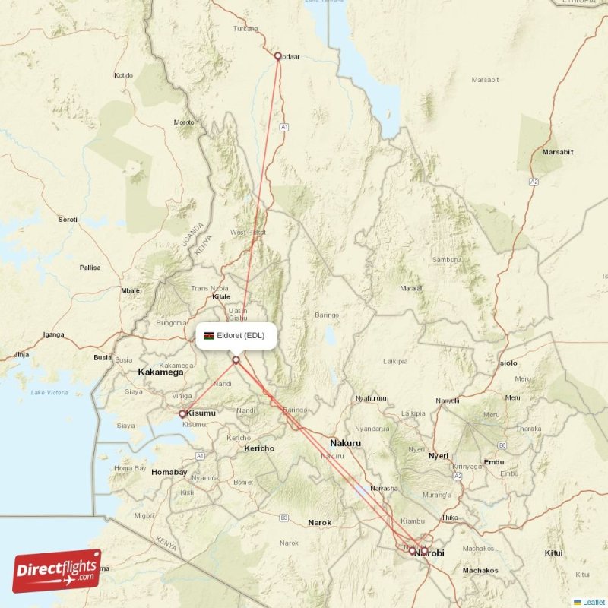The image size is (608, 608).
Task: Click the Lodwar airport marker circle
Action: (278, 55)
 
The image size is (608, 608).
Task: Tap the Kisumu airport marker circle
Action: (182, 414)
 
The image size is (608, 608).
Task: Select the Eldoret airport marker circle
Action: (236, 359)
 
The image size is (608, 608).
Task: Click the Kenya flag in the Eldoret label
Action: (209, 335)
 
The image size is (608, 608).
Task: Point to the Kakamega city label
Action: (160, 372)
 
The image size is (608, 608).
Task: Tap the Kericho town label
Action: (258, 448)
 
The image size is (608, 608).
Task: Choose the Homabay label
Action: (169, 472)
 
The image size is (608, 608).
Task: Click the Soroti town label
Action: (68, 220)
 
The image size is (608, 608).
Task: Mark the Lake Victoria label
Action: (49, 392)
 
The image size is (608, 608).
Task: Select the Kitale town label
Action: (221, 297)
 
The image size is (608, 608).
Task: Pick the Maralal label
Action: (411, 288)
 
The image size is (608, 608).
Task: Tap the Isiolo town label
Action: (508, 363)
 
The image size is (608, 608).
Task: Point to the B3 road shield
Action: (284, 518)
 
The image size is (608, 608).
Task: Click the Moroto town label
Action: (184, 122)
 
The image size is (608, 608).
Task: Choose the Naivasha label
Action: (384, 488)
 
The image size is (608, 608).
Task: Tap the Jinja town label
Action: (21, 354)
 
